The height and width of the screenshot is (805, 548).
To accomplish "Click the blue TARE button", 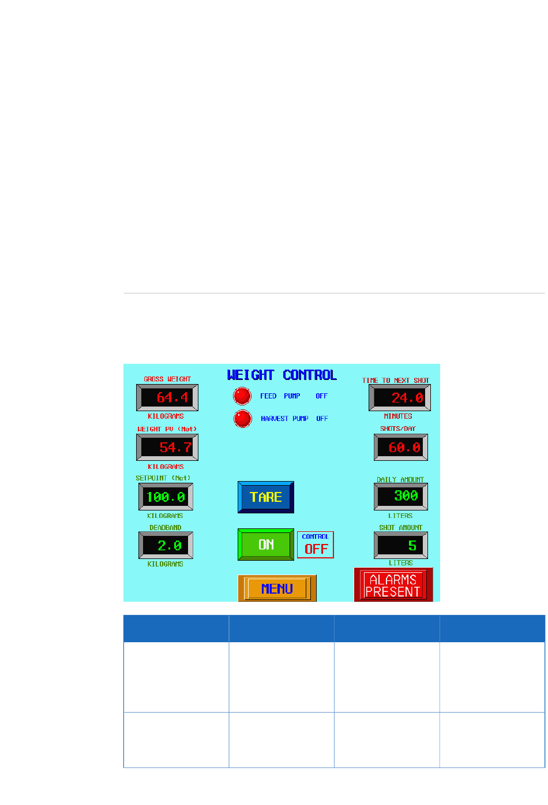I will pyautogui.click(x=266, y=497).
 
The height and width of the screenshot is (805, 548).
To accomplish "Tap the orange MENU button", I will pyautogui.click(x=277, y=588).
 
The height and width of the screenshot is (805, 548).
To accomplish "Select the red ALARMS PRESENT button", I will pyautogui.click(x=393, y=585).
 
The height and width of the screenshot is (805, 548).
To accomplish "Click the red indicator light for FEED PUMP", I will pyautogui.click(x=242, y=396).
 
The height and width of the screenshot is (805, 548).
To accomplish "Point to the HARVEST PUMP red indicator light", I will pyautogui.click(x=243, y=418).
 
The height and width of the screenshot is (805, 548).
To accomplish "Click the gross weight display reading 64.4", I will pyautogui.click(x=167, y=397).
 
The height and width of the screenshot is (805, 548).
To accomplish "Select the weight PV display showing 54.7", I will pyautogui.click(x=167, y=448).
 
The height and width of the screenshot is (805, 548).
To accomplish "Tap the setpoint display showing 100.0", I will pyautogui.click(x=166, y=497).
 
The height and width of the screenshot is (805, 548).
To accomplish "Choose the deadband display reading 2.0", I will pyautogui.click(x=166, y=545).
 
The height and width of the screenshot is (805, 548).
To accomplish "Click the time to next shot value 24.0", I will pyautogui.click(x=400, y=397).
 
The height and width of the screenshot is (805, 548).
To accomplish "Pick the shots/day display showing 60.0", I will pyautogui.click(x=401, y=448).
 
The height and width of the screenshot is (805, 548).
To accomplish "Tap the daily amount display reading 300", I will pyautogui.click(x=401, y=496).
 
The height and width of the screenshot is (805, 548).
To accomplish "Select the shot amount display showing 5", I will pyautogui.click(x=401, y=545).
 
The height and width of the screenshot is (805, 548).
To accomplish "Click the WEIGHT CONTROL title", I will pyautogui.click(x=282, y=375).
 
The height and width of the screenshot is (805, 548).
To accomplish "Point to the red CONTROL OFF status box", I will pyautogui.click(x=316, y=545).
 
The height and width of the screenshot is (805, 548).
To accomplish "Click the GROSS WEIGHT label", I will pyautogui.click(x=167, y=379).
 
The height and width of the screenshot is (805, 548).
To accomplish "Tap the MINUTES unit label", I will pyautogui.click(x=398, y=416).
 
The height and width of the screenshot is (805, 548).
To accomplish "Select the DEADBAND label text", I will pyautogui.click(x=166, y=528).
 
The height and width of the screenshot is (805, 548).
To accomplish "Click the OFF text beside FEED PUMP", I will pyautogui.click(x=321, y=396).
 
